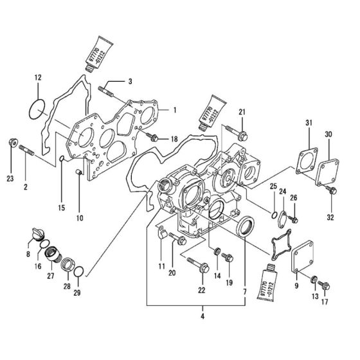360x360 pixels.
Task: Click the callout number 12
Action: (37, 78)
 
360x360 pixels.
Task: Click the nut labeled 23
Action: (12, 143)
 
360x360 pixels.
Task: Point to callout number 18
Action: (174, 139)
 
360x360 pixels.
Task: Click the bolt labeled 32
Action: (332, 190)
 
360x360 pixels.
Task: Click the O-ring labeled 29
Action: (77, 276)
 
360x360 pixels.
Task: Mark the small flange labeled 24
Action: (282, 219)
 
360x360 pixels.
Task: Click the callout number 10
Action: (79, 218)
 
